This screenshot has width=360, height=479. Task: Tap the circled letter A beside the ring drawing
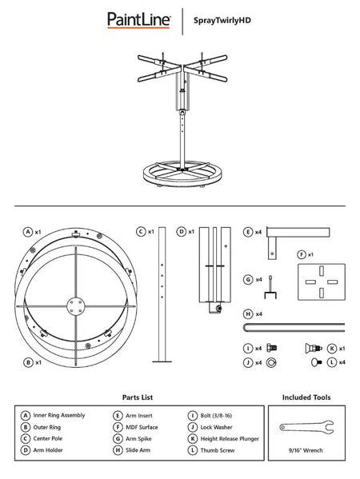coord(29,231)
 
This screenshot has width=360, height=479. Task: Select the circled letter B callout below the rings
coord(29,362)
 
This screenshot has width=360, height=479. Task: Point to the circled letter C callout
coord(139,231)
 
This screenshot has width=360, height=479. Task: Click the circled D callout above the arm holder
coord(182,231)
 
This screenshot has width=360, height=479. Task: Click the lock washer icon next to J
coord(271,362)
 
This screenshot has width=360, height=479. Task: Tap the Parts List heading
coord(138,397)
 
